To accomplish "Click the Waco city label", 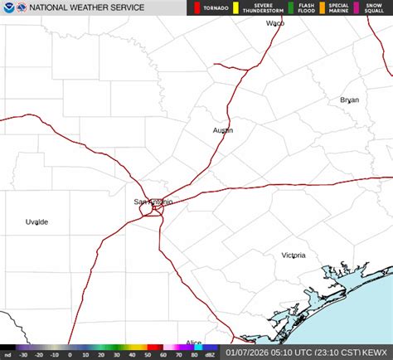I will click(274, 23).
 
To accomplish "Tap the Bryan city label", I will click(349, 100).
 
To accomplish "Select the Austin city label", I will click(222, 130).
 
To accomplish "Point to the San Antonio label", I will click(153, 202).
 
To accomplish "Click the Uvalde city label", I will click(36, 222).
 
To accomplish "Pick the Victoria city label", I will click(293, 255).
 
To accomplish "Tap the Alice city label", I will click(193, 343).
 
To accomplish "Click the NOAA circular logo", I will click(8, 7).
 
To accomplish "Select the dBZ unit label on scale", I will click(211, 354).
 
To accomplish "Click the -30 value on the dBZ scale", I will click(25, 354).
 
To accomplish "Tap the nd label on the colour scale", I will click(7, 354).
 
